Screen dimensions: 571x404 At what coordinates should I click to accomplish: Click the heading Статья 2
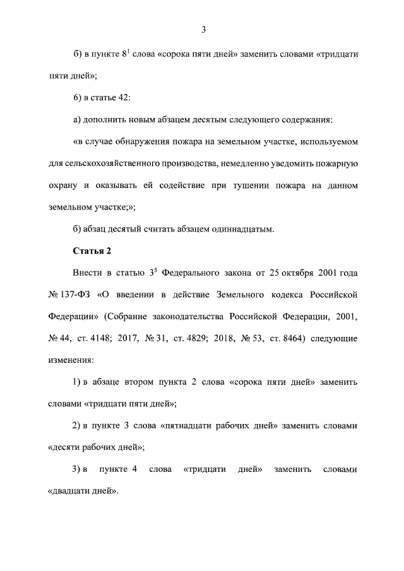pos(92,251)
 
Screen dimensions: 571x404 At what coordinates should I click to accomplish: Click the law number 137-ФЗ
pos(73,295)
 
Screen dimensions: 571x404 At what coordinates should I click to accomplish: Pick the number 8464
pos(289,338)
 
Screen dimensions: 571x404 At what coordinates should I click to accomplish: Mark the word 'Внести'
pos(88,273)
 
